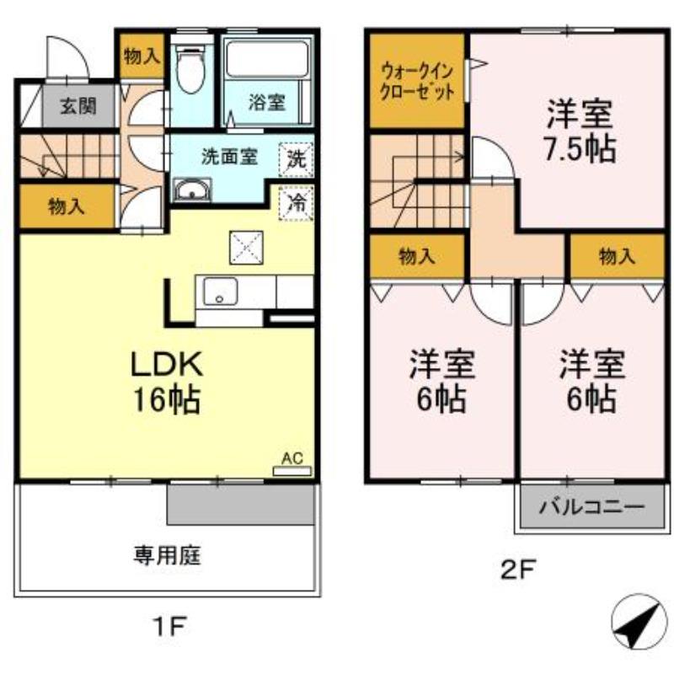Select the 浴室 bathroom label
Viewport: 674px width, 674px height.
pyautogui.click(x=266, y=103)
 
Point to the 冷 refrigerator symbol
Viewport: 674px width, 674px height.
pyautogui.click(x=295, y=201)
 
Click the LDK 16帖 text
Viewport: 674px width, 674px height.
pyautogui.click(x=165, y=381)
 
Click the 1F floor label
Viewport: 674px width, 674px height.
pyautogui.click(x=168, y=625)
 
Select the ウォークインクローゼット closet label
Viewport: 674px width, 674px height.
pyautogui.click(x=418, y=83)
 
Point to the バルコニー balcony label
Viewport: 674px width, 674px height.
pyautogui.click(x=591, y=509)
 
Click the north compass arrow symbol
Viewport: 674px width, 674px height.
pyautogui.click(x=634, y=621)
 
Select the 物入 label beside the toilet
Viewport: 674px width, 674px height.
pyautogui.click(x=141, y=56)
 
